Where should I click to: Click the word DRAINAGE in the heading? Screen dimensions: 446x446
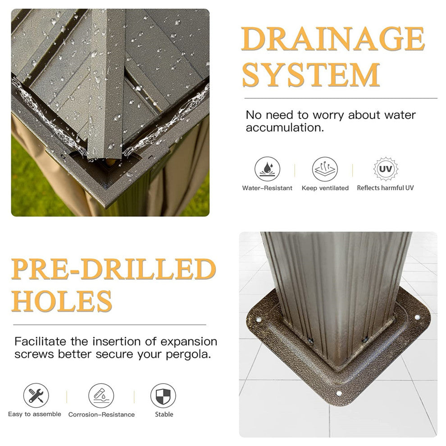coord(333,39)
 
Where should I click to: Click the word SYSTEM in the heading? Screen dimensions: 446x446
coord(311,74)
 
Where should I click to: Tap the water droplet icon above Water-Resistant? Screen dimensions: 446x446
coord(267,169)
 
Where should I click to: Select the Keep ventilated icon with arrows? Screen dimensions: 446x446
coord(325,169)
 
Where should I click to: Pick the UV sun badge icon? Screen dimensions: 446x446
coord(386,169)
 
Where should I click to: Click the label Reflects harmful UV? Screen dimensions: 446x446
coord(385,188)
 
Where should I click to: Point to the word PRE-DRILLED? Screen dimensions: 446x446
coord(114,269)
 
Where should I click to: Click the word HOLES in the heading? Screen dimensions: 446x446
coord(61,301)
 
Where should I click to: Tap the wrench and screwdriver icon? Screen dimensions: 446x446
coord(36,396)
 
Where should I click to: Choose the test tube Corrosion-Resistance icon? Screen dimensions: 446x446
coord(101,396)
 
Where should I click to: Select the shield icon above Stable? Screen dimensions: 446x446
coord(163,396)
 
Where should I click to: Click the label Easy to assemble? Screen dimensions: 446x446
coord(34,414)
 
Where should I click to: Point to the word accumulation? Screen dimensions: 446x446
coord(285,127)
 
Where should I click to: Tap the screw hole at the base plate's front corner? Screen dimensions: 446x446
coord(339,394)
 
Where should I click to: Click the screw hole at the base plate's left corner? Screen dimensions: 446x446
coord(259,320)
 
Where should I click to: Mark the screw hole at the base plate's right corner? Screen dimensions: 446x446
coord(417,317)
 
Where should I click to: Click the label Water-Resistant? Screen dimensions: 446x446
coord(267,188)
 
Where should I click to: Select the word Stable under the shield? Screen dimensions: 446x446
coord(164,414)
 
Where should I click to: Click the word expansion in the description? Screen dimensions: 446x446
coord(189,341)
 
